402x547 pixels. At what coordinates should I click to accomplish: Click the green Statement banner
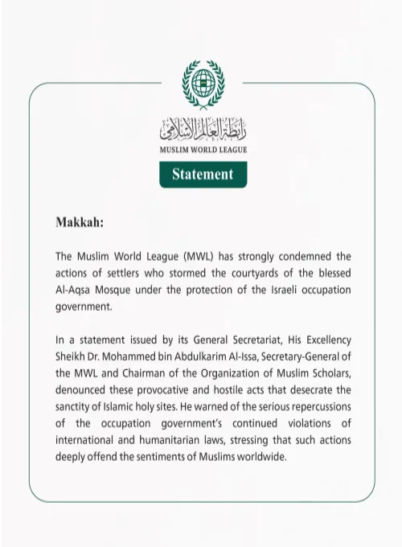pos(203,174)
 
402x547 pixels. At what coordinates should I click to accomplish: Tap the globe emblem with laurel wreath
pos(203,83)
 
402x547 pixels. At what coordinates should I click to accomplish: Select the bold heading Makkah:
pos(80,221)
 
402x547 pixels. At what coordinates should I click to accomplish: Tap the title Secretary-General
pos(298,357)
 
